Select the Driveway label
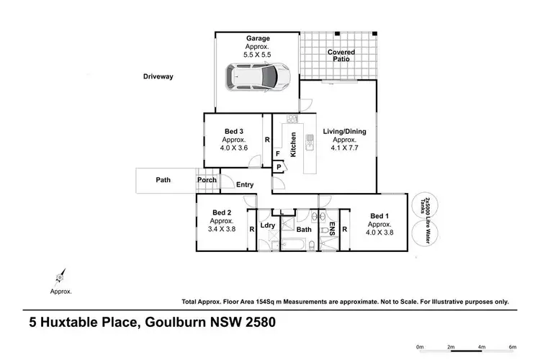pyautogui.click(x=158, y=76)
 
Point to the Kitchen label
pyautogui.click(x=293, y=145)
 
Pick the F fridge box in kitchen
pyautogui.click(x=277, y=153)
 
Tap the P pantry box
pyautogui.click(x=279, y=167)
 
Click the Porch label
pyautogui.click(x=207, y=180)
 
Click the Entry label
pyautogui.click(x=245, y=185)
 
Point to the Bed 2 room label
pyautogui.click(x=222, y=212)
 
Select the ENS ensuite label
pyautogui.click(x=333, y=230)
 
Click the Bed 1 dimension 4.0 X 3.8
pyautogui.click(x=379, y=233)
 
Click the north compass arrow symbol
pyautogui.click(x=58, y=276)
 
